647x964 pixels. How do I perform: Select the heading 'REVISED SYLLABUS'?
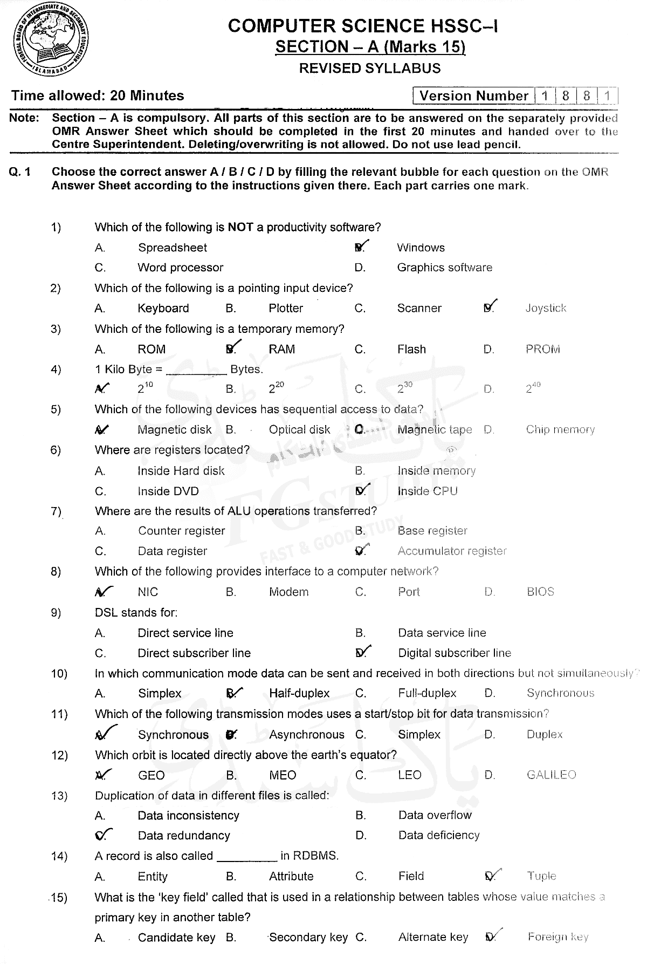[x=369, y=69]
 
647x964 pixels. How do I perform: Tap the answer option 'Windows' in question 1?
[x=421, y=248]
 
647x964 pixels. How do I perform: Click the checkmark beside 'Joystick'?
[x=490, y=306]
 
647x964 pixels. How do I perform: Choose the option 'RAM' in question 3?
[x=281, y=349]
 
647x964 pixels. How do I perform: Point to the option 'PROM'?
[x=542, y=349]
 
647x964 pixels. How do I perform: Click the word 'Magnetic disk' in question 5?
[x=174, y=430]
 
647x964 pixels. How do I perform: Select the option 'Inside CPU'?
[x=427, y=491]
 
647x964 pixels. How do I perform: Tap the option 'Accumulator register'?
[x=452, y=551]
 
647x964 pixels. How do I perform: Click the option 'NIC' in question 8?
[x=148, y=592]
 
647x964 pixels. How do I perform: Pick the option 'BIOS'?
[x=540, y=592]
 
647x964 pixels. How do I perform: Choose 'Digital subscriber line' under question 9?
[x=455, y=653]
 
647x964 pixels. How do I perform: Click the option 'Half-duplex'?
[x=299, y=693]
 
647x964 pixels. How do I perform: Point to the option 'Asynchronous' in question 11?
[x=306, y=735]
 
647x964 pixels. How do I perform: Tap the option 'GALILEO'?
[x=551, y=775]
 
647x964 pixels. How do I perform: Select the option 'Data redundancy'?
[x=184, y=836]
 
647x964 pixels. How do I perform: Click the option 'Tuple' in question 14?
[x=542, y=876]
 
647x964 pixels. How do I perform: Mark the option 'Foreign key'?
[x=558, y=937]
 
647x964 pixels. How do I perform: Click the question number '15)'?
[x=59, y=897]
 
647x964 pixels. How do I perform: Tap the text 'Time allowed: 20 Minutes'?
[x=98, y=96]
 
